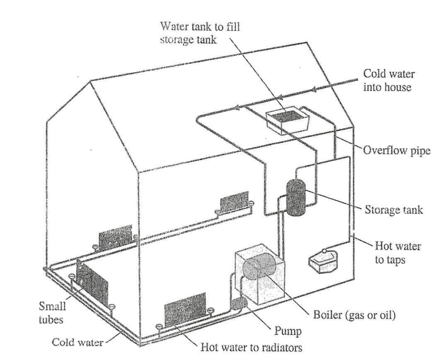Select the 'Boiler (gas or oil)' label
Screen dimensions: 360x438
coord(354,315)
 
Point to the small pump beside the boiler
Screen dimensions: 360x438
coord(238,302)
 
